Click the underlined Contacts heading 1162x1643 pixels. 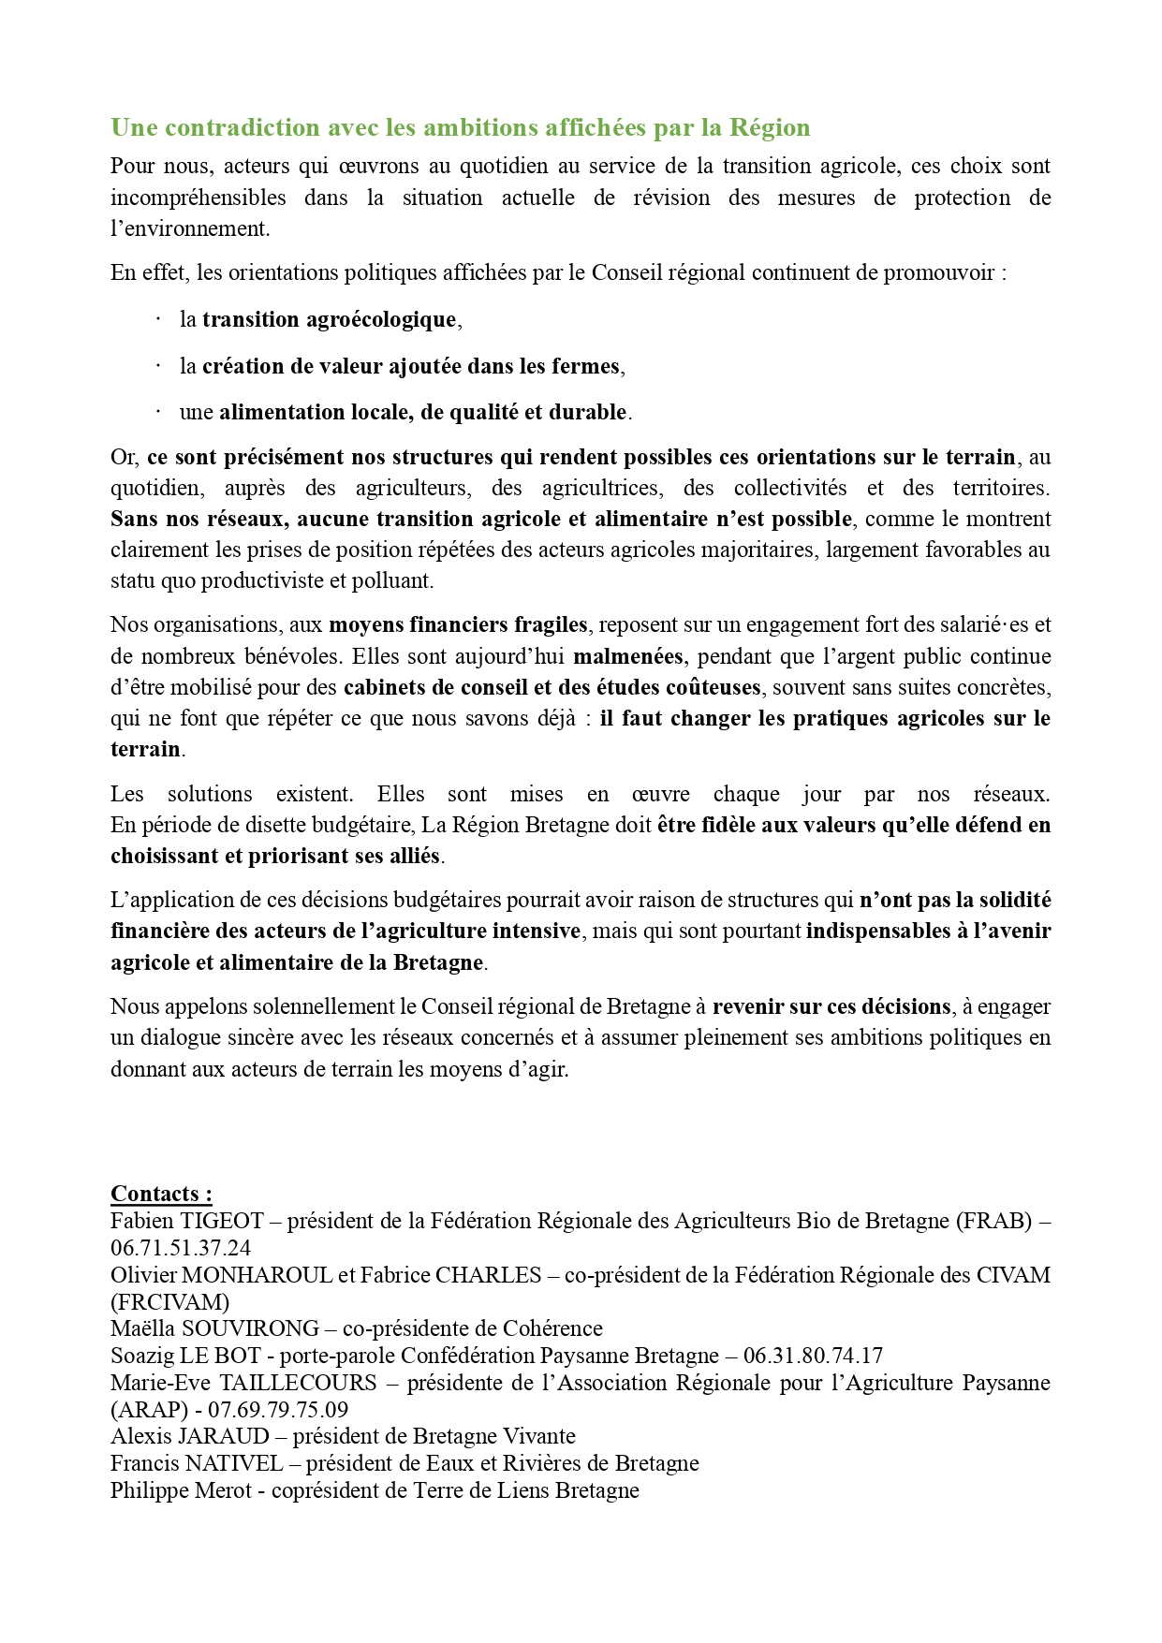(161, 1195)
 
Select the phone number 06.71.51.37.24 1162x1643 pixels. (181, 1248)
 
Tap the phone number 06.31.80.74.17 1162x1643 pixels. (813, 1356)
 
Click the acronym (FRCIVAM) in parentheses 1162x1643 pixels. (169, 1302)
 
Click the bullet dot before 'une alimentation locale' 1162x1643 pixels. (158, 411)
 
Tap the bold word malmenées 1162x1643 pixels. (628, 656)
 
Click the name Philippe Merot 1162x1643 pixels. (181, 1490)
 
